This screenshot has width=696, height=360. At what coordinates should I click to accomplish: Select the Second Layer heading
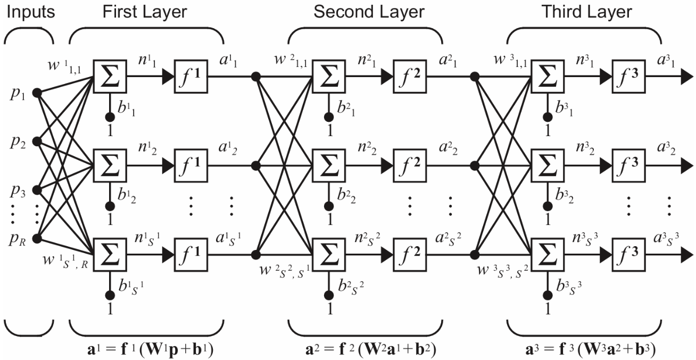(x=369, y=11)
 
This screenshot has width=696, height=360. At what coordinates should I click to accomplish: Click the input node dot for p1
(x=37, y=93)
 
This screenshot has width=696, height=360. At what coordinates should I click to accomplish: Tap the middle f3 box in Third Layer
(x=628, y=165)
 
